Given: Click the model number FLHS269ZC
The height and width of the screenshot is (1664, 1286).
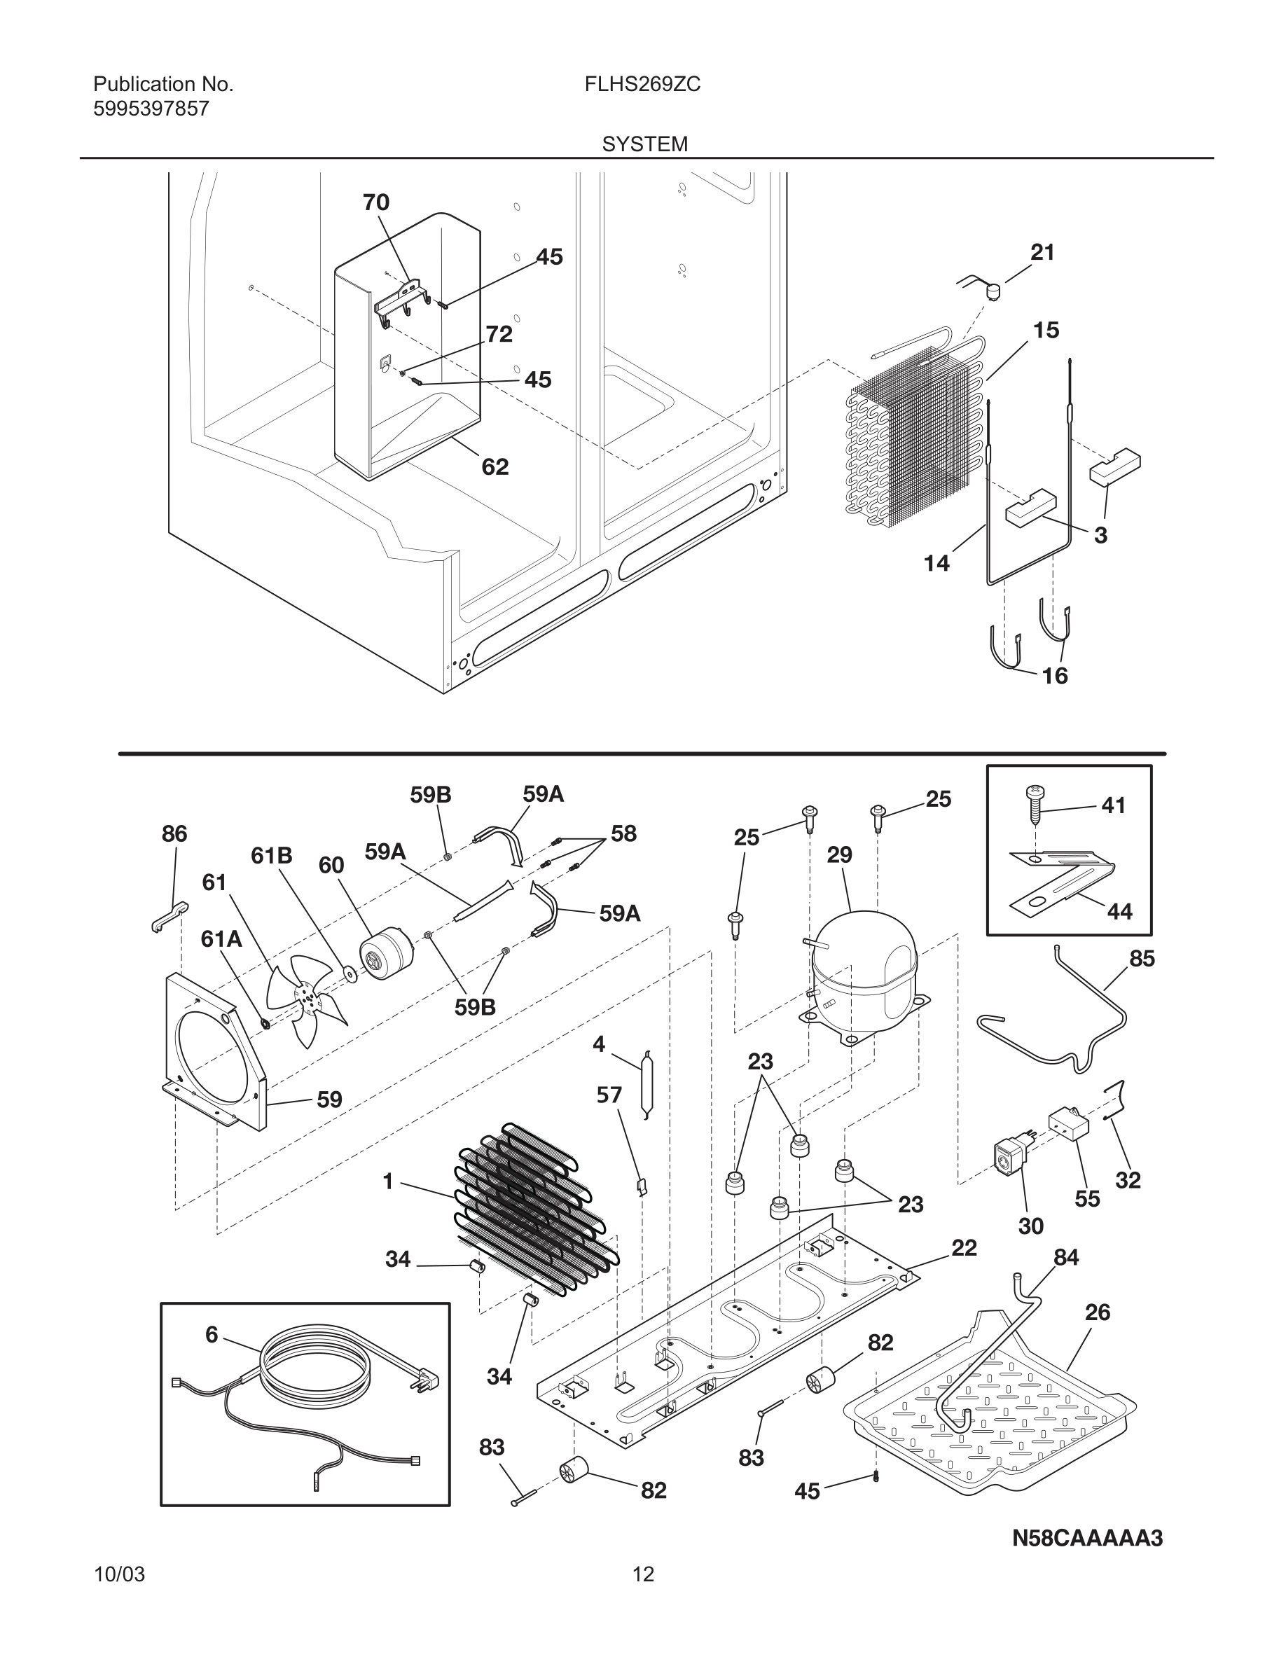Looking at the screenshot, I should pyautogui.click(x=642, y=85).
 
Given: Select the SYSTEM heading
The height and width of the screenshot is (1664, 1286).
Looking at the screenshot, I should pyautogui.click(x=644, y=144).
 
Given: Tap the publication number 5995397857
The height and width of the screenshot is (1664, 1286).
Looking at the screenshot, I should pyautogui.click(x=151, y=109).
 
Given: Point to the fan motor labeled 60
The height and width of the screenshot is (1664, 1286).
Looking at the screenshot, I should pyautogui.click(x=385, y=952).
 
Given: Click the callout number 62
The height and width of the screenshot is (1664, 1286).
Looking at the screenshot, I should pyautogui.click(x=495, y=466).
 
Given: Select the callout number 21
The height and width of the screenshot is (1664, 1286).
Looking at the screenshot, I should pyautogui.click(x=1042, y=252).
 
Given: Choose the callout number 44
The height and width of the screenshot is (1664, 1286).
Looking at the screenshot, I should pyautogui.click(x=1119, y=910).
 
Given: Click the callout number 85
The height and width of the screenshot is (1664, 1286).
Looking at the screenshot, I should pyautogui.click(x=1141, y=959).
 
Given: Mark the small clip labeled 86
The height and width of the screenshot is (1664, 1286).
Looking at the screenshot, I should pyautogui.click(x=168, y=917).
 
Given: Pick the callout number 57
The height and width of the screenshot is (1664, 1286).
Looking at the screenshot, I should pyautogui.click(x=609, y=1095).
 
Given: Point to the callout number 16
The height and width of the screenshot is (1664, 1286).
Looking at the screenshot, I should pyautogui.click(x=1054, y=676).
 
